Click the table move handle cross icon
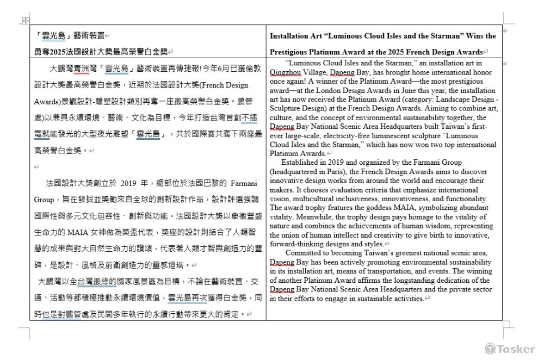(24, 21)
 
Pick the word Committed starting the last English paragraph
(304, 253)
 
